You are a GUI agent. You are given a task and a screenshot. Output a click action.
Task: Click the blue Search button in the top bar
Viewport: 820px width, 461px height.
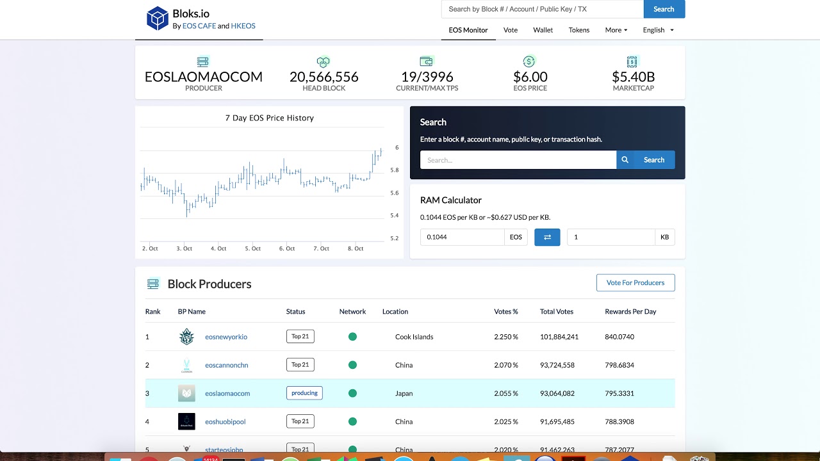tap(664, 9)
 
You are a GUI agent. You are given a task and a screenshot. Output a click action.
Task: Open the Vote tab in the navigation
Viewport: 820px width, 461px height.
tap(511, 30)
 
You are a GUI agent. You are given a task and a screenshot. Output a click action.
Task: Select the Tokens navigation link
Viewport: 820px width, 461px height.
tap(578, 30)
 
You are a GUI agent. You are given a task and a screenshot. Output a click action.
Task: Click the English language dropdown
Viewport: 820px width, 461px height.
tap(658, 30)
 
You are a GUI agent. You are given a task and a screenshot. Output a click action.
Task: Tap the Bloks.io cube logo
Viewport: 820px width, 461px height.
tap(157, 18)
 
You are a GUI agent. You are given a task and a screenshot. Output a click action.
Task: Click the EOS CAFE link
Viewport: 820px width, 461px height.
tap(199, 26)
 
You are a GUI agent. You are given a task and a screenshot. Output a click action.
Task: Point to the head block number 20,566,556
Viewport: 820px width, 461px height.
tap(324, 77)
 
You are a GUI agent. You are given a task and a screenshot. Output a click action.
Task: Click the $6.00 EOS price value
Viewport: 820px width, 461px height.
tap(530, 77)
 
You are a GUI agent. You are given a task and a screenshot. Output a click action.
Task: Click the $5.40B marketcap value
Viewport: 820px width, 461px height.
tap(633, 77)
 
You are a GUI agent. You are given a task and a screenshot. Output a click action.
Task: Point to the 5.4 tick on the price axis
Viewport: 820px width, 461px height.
tap(395, 215)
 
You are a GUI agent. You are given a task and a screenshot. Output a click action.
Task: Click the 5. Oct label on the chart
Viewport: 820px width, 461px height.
tap(252, 248)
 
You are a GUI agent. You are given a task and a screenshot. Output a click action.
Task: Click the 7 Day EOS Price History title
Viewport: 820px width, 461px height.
tap(269, 118)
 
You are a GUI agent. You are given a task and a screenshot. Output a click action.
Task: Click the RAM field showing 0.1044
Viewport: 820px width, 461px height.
tap(462, 237)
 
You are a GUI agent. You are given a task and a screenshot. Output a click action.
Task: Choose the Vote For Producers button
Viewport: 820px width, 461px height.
tap(635, 282)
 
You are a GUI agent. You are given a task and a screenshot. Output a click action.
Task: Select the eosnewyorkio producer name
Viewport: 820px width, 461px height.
tap(226, 337)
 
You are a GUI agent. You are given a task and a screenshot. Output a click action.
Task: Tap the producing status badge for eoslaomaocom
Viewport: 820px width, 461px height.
tap(304, 393)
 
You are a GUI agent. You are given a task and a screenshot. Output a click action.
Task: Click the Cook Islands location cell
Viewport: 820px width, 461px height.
tap(414, 337)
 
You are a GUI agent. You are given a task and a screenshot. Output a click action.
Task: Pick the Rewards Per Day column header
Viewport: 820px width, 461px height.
tap(630, 312)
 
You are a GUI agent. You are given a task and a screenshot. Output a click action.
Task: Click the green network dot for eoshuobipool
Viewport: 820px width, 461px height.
tap(352, 421)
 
